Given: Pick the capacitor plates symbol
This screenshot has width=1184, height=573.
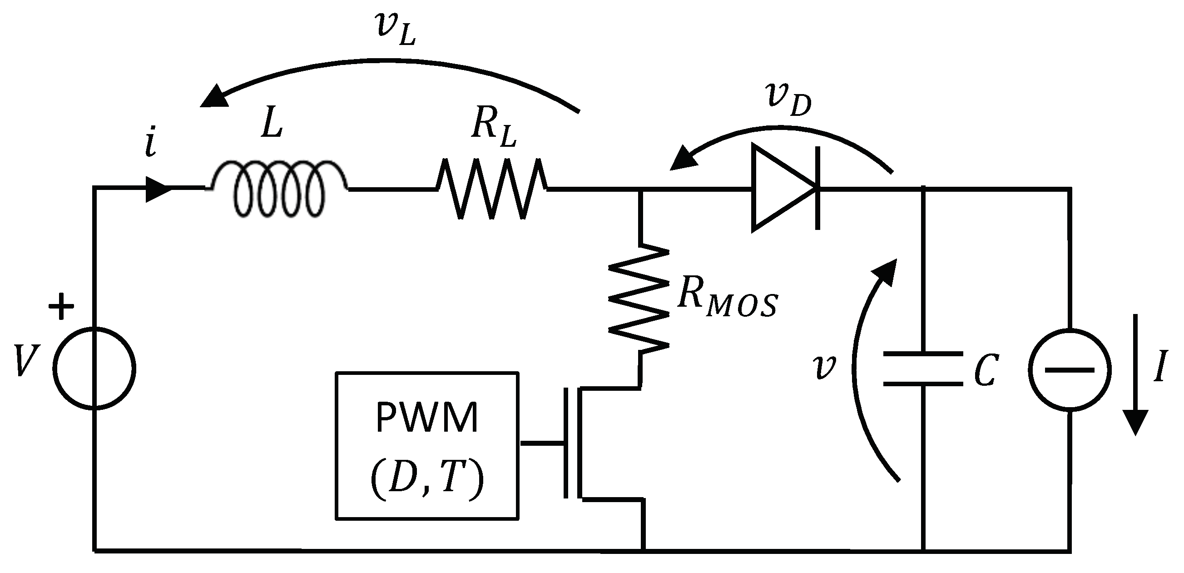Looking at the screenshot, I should [923, 369].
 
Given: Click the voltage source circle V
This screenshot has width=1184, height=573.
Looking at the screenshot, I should [94, 368].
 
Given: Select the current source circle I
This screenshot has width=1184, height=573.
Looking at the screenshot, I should [1070, 369].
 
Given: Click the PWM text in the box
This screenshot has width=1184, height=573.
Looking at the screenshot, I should [427, 418].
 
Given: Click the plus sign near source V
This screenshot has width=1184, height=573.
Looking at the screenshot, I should [61, 305].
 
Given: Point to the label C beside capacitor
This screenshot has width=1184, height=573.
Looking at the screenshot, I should [986, 371].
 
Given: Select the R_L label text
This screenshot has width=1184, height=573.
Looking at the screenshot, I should [493, 129].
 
